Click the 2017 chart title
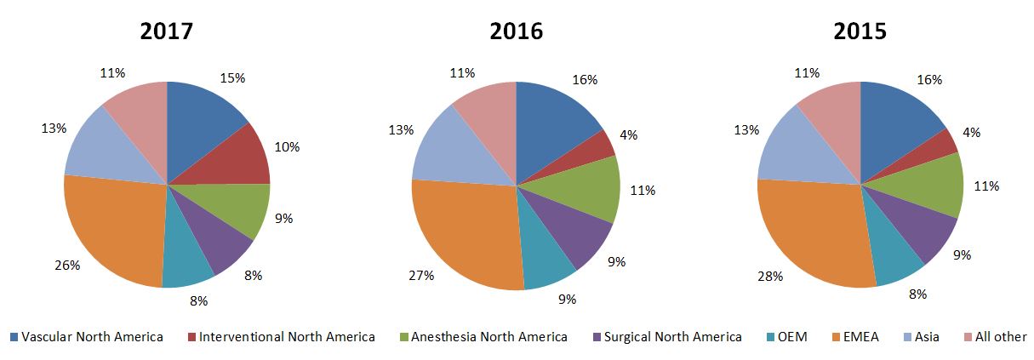pyautogui.click(x=167, y=31)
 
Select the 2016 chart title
pyautogui.click(x=516, y=31)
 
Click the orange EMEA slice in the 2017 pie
pyautogui.click(x=111, y=230)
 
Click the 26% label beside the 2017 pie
pyautogui.click(x=66, y=265)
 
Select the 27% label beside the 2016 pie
pyautogui.click(x=422, y=275)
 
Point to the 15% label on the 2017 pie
pyautogui.click(x=232, y=77)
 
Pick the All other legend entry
pyautogui.click(x=992, y=337)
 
